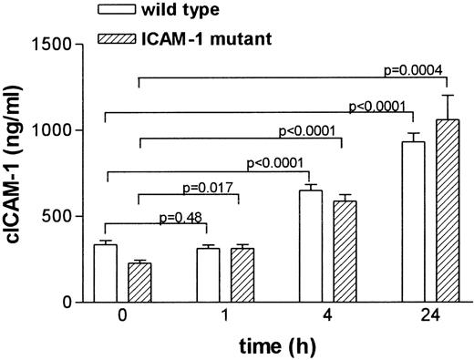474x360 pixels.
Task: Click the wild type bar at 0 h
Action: (x=106, y=273)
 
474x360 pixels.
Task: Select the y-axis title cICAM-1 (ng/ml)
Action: (x=16, y=173)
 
